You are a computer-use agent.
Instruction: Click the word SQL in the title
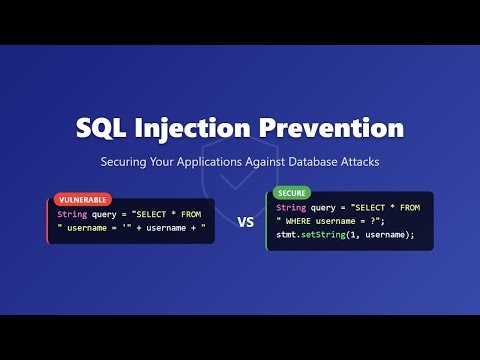coord(103,129)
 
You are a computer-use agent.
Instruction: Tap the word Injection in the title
coord(201,129)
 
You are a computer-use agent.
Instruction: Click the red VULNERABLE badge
coord(82,200)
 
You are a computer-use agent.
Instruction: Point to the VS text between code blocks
coord(245,224)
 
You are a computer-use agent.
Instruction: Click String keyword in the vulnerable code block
coord(72,213)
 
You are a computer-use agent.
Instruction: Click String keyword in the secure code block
coord(292,207)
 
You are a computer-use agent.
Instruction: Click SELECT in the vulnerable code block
coord(158,213)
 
